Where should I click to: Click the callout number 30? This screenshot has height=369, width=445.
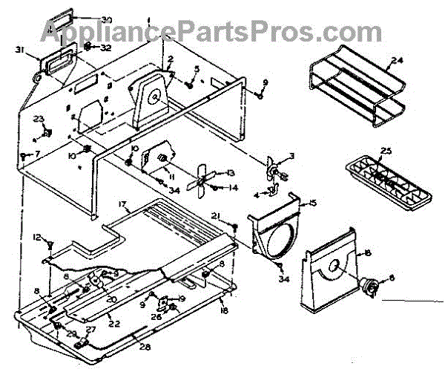click(107, 19)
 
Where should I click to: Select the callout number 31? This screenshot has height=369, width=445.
click(19, 50)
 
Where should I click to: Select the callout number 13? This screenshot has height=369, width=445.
click(231, 172)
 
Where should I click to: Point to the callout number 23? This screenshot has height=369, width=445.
click(39, 119)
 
